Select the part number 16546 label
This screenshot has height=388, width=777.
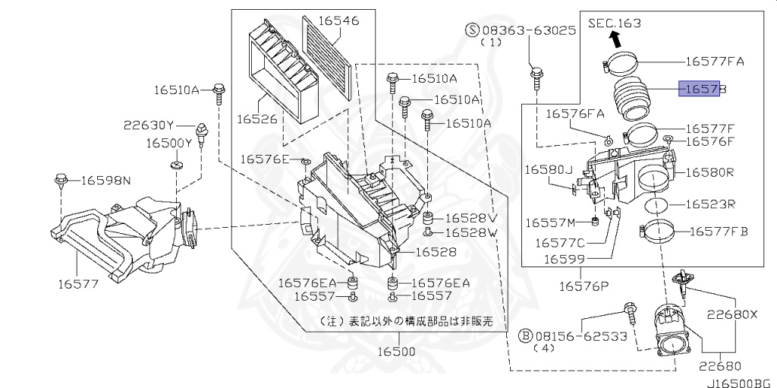point(338,21)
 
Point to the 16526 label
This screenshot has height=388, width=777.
point(257,119)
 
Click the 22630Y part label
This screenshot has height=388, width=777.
point(149,125)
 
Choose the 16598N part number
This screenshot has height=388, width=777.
point(105,180)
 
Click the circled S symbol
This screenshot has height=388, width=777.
point(472,30)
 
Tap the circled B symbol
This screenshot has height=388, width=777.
point(524,335)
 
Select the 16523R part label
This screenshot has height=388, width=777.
point(711,204)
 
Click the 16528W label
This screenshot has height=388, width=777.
point(470,232)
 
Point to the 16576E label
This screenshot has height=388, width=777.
point(266,159)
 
